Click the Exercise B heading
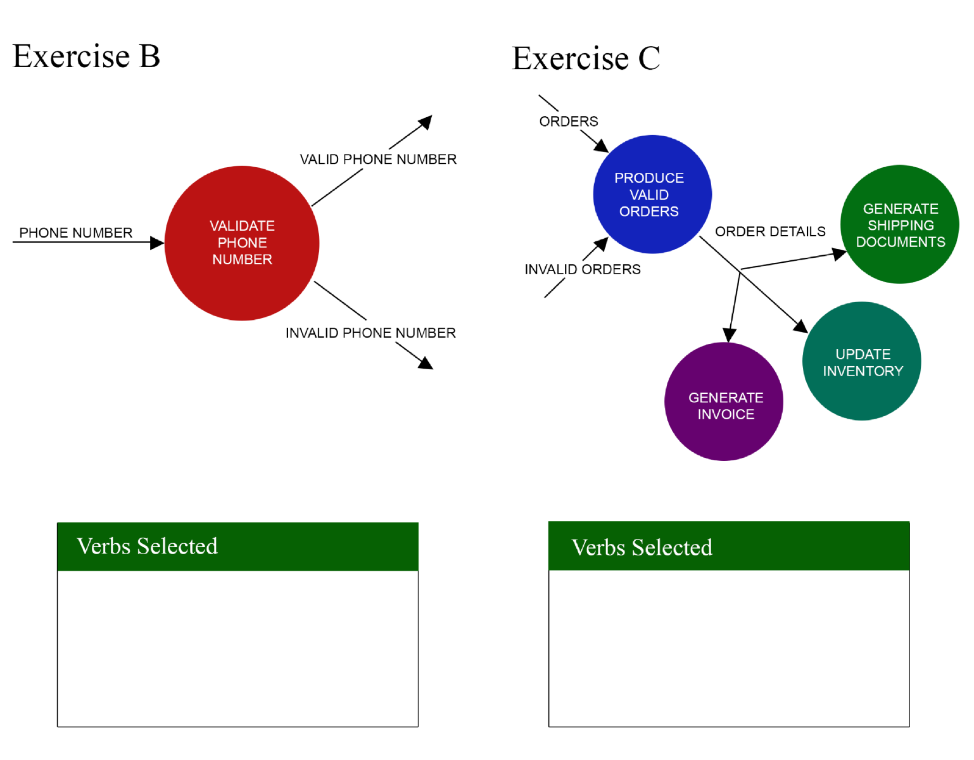tap(86, 56)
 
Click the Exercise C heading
tap(586, 59)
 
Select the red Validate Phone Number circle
tap(242, 243)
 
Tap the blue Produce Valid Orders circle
tap(652, 194)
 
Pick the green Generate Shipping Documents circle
tap(899, 225)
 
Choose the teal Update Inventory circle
tap(861, 362)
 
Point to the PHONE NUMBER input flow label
tap(76, 233)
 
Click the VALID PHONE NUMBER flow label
tap(378, 160)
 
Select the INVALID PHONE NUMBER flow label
tap(370, 333)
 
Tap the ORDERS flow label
tap(568, 122)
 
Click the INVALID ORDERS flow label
tap(583, 270)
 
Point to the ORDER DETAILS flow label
tap(770, 232)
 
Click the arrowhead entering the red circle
tap(157, 243)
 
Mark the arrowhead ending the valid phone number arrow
tap(426, 121)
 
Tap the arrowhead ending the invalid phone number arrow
tap(426, 364)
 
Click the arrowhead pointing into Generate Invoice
tap(730, 335)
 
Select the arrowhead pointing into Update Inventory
tap(800, 326)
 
